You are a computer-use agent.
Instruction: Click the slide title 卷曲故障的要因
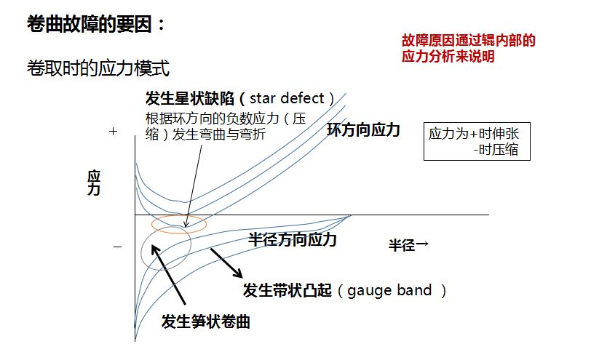[x=95, y=25]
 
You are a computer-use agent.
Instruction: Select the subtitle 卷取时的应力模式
[x=98, y=69]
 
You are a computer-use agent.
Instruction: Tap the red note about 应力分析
[x=468, y=49]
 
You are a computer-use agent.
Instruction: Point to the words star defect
[x=292, y=98]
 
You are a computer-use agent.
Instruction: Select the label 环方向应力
[x=363, y=130]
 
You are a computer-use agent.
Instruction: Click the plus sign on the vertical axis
[x=113, y=132]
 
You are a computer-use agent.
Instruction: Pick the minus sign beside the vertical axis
[x=117, y=248]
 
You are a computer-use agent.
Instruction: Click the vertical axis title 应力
[x=94, y=183]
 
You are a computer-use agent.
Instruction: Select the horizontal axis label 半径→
[x=408, y=244]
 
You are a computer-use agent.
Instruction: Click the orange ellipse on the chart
[x=178, y=224]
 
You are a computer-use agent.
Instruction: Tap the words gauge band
[x=386, y=291]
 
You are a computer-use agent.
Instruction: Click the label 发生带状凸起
[x=287, y=291]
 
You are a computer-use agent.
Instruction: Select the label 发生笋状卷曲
[x=206, y=322]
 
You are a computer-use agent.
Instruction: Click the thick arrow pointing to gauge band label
[x=226, y=263]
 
